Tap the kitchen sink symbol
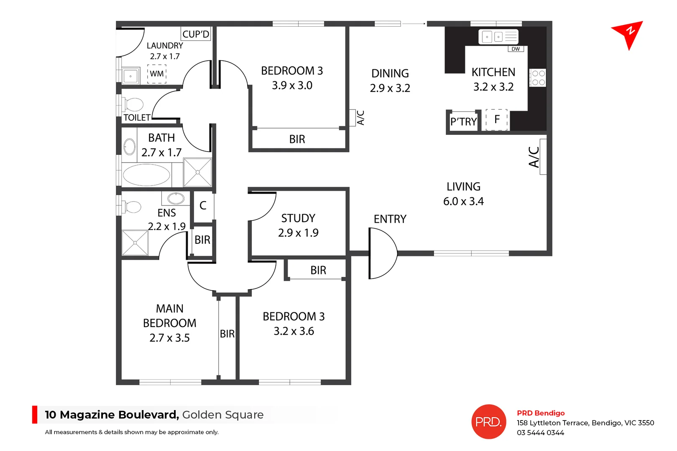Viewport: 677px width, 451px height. (498, 37)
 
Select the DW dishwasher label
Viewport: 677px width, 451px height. (516, 49)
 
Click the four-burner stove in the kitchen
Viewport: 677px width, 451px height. (538, 78)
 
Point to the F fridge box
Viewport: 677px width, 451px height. (497, 120)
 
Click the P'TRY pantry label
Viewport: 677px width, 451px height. (463, 122)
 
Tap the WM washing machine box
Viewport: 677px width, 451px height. (157, 74)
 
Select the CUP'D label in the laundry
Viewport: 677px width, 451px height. (196, 34)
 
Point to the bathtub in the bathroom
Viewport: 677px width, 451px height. (146, 175)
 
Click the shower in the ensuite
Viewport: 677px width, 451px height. (135, 243)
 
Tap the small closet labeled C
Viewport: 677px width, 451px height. (203, 205)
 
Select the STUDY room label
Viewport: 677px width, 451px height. (298, 218)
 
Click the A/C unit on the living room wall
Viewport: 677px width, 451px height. (543, 157)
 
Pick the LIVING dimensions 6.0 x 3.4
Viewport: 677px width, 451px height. (463, 201)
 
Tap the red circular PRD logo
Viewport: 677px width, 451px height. (488, 422)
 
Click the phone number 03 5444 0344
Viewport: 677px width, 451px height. (540, 433)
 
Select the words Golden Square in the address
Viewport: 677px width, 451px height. (223, 415)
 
